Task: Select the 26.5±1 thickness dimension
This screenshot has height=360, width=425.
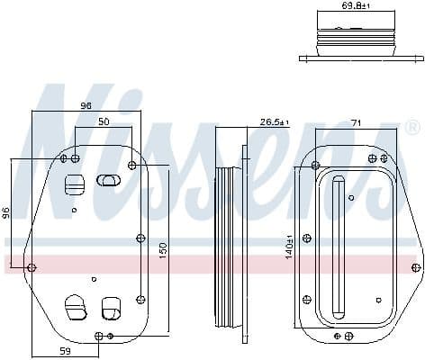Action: [274, 121]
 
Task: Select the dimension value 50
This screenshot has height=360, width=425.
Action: [104, 121]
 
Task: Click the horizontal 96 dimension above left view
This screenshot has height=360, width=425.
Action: [86, 106]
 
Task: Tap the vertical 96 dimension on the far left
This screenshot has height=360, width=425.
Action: [5, 213]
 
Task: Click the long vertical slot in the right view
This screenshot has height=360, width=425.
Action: [339, 247]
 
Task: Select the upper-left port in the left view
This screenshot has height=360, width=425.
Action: [74, 184]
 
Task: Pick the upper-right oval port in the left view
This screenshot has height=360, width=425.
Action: [108, 180]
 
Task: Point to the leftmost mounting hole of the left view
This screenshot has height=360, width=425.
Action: [32, 267]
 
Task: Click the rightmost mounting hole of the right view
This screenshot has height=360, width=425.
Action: [416, 266]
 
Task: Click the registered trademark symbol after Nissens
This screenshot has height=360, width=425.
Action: [413, 128]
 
